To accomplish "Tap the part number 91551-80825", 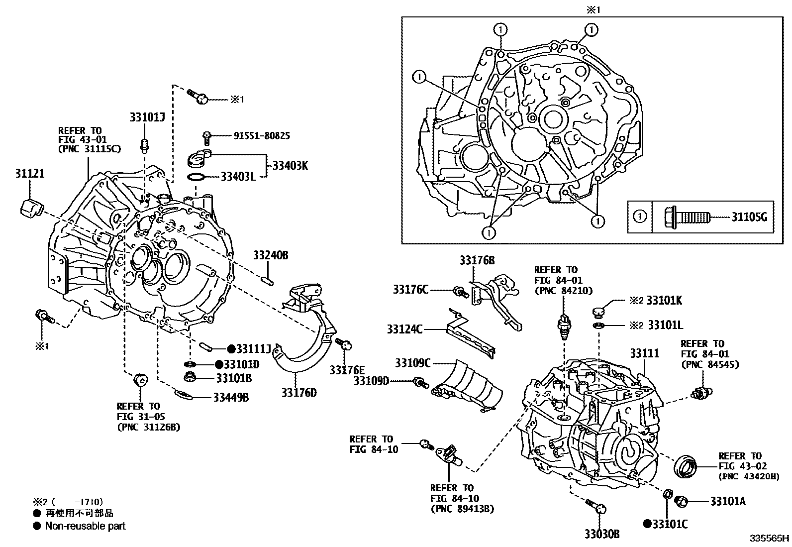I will click(262, 135).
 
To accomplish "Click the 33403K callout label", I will click(289, 165).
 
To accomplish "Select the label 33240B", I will click(271, 256).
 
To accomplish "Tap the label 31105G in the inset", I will click(749, 217).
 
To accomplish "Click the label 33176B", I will click(477, 260).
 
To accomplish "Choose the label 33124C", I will click(404, 329).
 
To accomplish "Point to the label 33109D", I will click(371, 381).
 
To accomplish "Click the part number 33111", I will click(644, 353).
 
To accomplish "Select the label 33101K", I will click(664, 300).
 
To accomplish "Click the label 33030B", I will click(602, 534).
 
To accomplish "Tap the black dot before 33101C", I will click(647, 524).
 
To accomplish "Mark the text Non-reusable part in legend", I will click(85, 526).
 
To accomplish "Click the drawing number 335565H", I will click(770, 539).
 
